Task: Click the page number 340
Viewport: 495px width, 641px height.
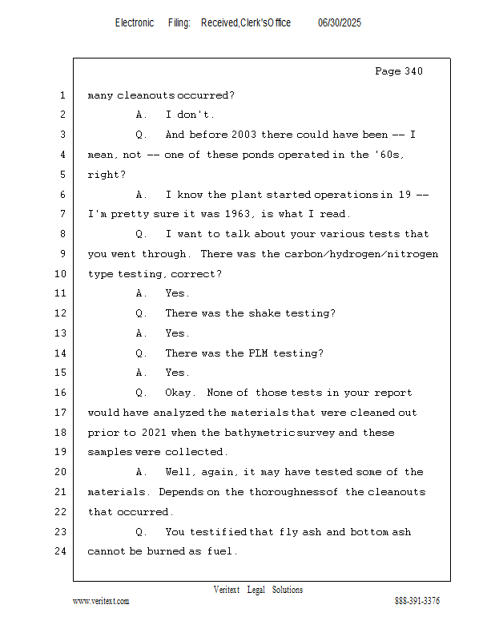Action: click(x=413, y=71)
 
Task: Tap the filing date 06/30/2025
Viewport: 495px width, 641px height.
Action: click(x=340, y=22)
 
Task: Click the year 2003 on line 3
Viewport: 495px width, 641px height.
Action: click(x=243, y=135)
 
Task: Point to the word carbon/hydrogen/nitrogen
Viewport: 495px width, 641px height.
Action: click(x=361, y=254)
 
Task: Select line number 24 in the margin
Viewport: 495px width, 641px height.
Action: click(x=61, y=551)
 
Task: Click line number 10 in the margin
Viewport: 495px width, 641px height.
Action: click(x=61, y=273)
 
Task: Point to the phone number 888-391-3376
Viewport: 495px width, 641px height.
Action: click(x=417, y=600)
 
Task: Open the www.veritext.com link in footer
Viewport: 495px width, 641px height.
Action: click(x=101, y=601)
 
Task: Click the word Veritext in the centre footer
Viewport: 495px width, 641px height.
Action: click(x=227, y=590)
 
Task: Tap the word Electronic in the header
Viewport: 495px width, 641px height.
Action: click(x=135, y=22)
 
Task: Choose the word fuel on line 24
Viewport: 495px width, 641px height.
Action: click(x=220, y=551)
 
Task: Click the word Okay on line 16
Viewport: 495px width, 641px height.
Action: click(x=179, y=393)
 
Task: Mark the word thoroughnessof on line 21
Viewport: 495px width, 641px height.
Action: click(x=293, y=492)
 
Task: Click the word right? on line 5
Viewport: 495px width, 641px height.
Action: click(x=107, y=175)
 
